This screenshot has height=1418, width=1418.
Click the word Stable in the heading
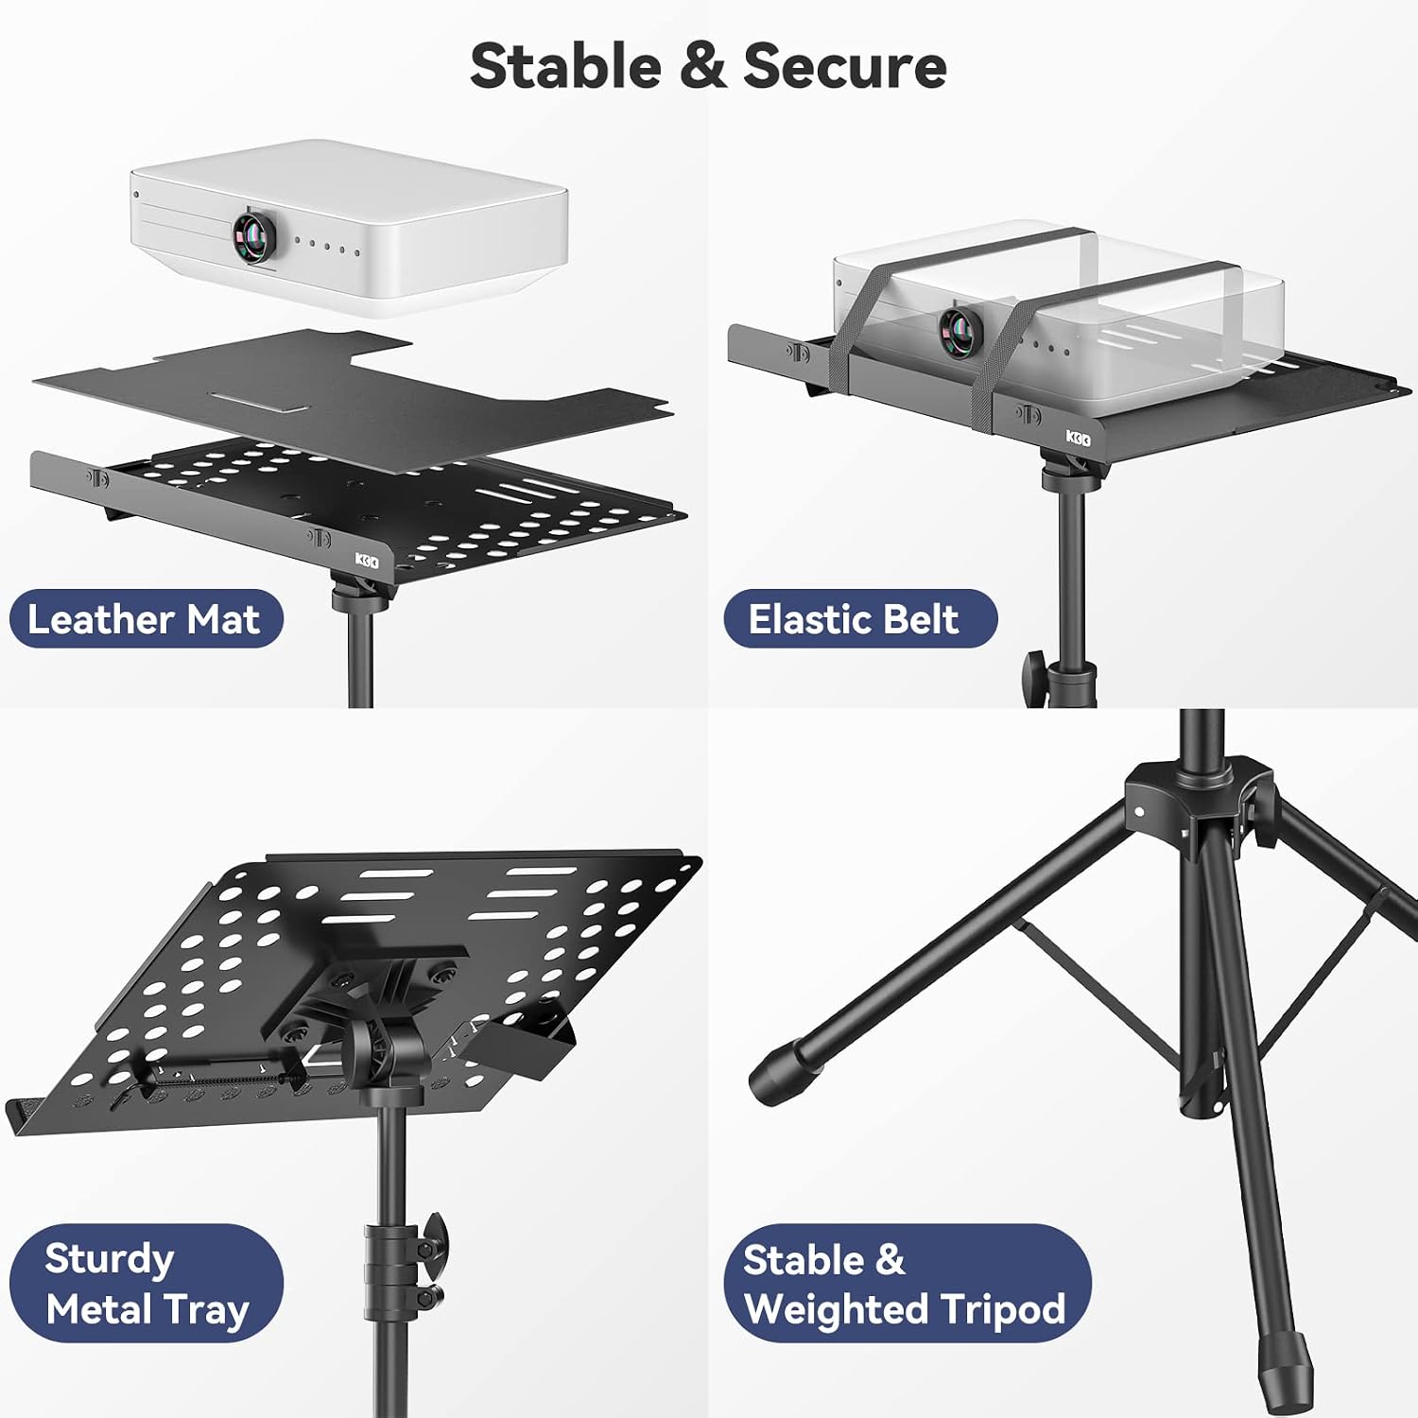[x=565, y=66]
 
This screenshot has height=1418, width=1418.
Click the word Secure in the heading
[x=845, y=66]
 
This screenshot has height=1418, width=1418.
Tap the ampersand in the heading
[x=702, y=66]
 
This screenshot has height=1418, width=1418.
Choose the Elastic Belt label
[x=860, y=619]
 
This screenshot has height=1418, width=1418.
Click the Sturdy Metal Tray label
[x=147, y=1284]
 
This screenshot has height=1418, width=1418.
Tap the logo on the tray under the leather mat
[x=367, y=561]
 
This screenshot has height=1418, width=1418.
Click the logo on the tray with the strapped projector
[x=1079, y=438]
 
